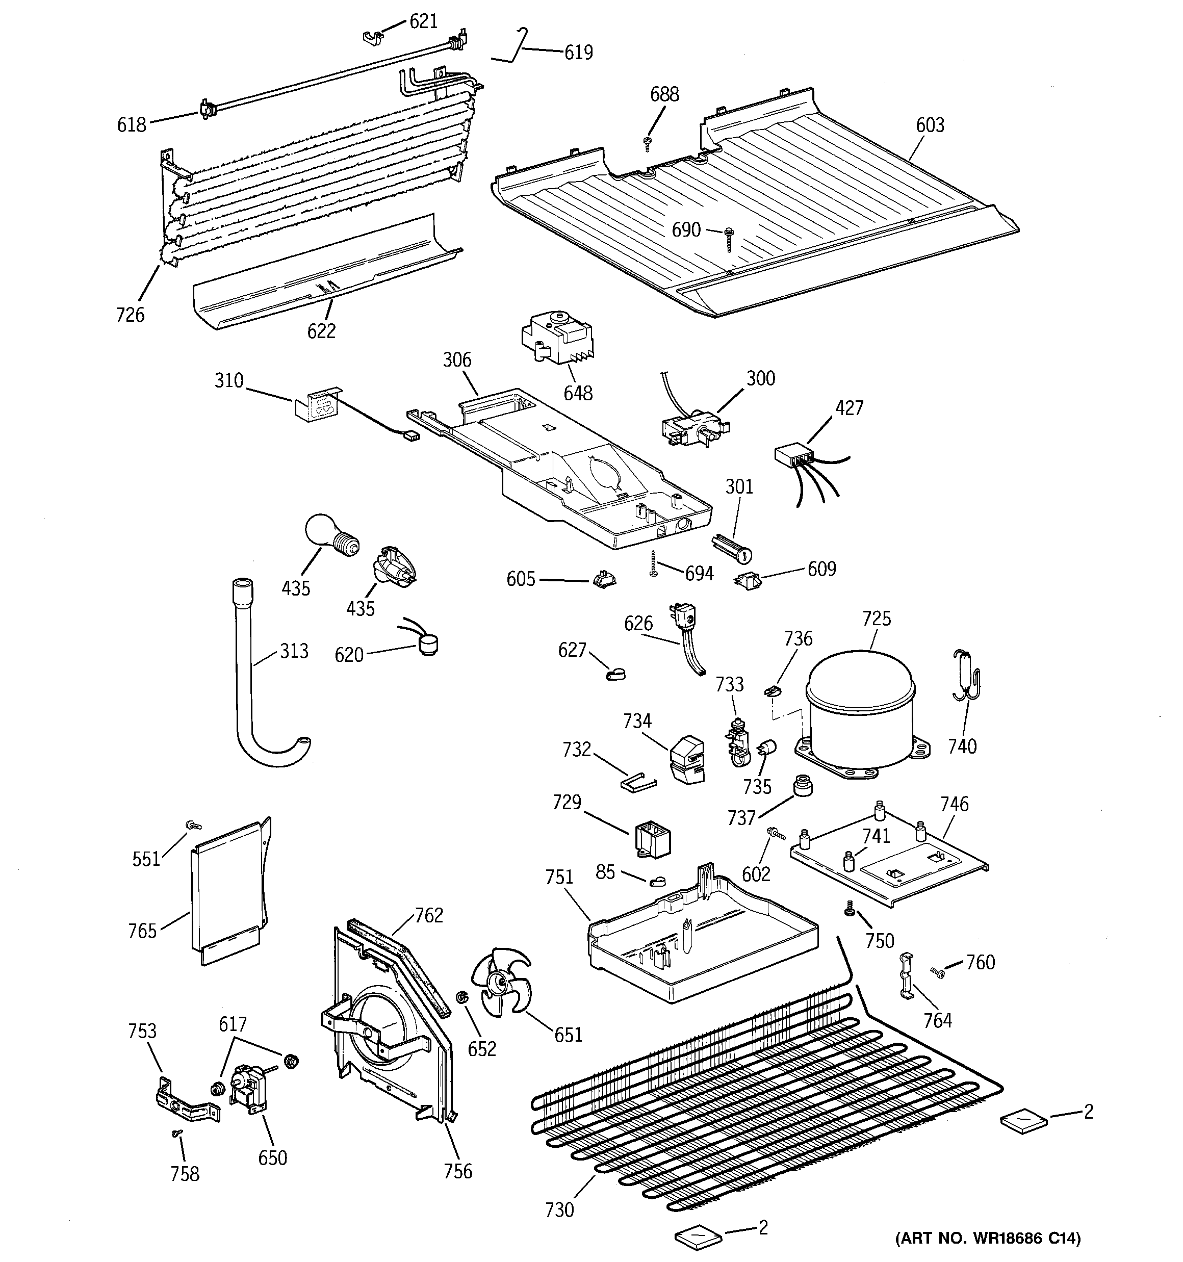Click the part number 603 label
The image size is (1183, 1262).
click(x=930, y=125)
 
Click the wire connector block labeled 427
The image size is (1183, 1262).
click(x=794, y=456)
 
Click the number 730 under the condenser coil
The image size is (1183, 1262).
click(x=559, y=1210)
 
